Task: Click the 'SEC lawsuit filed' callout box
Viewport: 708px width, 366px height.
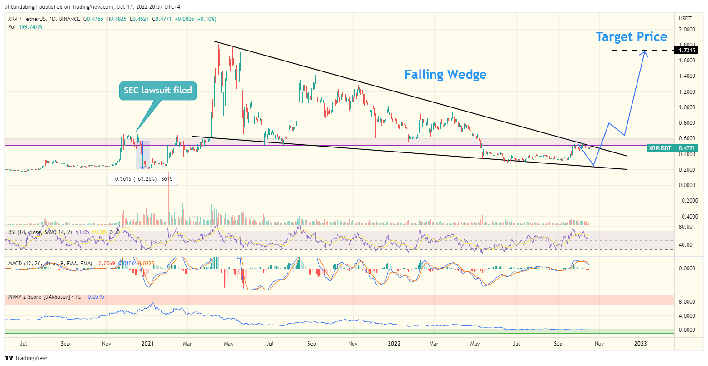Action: tap(158, 91)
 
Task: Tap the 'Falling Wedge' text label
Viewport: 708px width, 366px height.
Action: tap(445, 75)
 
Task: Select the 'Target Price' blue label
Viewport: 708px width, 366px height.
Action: tap(631, 37)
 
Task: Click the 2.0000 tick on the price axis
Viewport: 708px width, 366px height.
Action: tap(687, 30)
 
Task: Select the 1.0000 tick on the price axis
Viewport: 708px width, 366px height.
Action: tap(687, 107)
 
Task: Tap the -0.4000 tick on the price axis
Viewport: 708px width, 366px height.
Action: tap(687, 216)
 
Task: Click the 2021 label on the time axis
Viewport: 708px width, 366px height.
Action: tap(148, 343)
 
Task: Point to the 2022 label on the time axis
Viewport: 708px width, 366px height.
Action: tap(394, 343)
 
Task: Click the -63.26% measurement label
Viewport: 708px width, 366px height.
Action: tap(142, 179)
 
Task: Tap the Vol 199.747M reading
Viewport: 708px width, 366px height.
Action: tap(25, 27)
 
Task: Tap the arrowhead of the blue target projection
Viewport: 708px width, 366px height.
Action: tap(644, 53)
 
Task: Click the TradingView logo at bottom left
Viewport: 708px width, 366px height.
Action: tap(26, 358)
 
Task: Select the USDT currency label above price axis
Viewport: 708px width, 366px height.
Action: tap(685, 19)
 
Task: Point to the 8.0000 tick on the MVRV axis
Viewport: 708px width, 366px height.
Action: tap(687, 302)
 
